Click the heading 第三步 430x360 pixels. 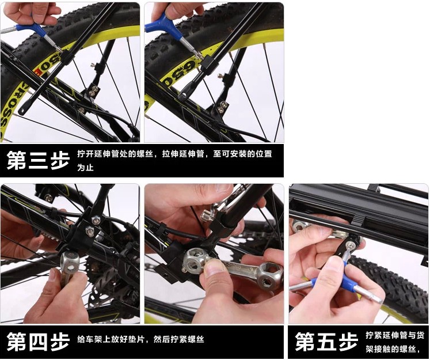(38, 160)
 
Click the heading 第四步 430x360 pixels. (38, 342)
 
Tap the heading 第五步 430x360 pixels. (326, 342)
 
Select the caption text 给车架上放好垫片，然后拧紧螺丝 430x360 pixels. (140, 339)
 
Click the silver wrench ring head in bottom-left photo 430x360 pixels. (70, 260)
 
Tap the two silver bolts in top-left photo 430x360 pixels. (94, 91)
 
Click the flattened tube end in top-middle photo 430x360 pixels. (184, 94)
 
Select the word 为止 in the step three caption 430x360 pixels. (85, 168)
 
